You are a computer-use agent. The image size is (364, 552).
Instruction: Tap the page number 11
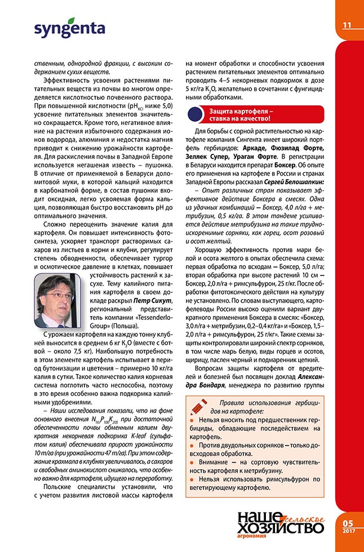coord(347,25)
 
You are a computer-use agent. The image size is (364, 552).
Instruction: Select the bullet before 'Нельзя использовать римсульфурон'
coord(192,479)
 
